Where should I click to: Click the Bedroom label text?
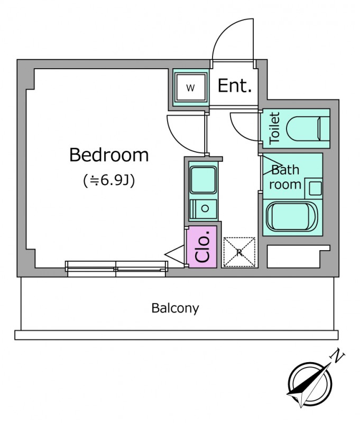pos(109,155)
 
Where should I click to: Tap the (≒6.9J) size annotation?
pos(109,181)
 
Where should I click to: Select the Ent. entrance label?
pos(234,86)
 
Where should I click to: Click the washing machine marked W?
pos(191,88)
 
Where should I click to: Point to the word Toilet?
pos(274,128)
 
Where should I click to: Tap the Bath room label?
pos(286,177)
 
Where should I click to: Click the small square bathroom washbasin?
pos(315,187)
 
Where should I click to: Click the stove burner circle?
pos(205,208)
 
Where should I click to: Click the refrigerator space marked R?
pos(239,252)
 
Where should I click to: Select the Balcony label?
pos(175,308)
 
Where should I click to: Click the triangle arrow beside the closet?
pos(174,255)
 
